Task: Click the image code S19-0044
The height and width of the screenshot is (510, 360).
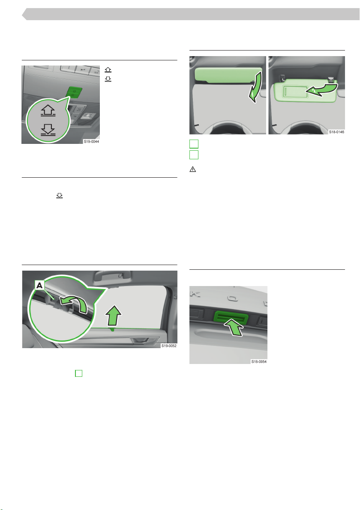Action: click(x=91, y=141)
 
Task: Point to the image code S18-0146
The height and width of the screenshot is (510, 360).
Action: click(x=336, y=132)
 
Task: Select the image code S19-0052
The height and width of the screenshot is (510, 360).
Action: click(x=169, y=346)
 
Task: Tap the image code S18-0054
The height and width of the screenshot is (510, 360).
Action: click(x=259, y=361)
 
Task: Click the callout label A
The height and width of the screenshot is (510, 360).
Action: click(x=39, y=286)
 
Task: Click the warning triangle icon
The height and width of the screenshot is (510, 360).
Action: click(x=193, y=169)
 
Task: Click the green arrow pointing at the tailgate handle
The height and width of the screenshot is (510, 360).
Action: click(x=234, y=327)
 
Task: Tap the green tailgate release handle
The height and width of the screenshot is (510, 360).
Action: click(x=231, y=317)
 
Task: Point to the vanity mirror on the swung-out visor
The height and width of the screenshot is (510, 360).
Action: click(x=295, y=91)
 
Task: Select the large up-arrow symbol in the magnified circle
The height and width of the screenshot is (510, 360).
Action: click(x=48, y=110)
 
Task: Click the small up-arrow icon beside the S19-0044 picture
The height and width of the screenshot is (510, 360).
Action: click(x=108, y=70)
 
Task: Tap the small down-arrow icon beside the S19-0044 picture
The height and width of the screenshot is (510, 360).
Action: click(x=108, y=79)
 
